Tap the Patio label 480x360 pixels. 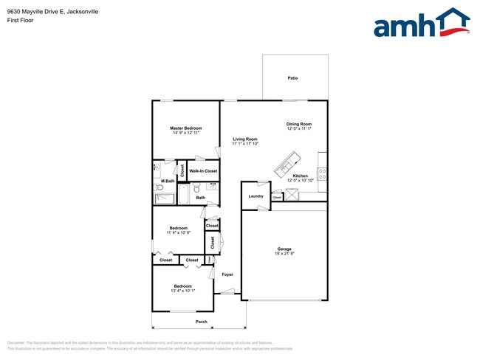coord(292,77)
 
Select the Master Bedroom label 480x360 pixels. coord(187,128)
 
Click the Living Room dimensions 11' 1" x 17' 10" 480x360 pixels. coord(245,144)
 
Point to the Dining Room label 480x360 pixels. coord(299,124)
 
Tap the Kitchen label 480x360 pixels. coord(300,176)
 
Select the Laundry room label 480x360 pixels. coord(256,195)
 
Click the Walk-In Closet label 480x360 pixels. coord(203,171)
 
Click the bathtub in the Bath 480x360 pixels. coord(184,193)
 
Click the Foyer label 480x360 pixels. coord(227,274)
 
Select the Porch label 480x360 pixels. coord(201,322)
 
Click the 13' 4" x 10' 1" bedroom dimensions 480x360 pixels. coord(183,291)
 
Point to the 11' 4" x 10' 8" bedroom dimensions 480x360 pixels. coord(178,232)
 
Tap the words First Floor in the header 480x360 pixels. coord(20,20)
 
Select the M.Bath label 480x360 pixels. coord(168,181)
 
